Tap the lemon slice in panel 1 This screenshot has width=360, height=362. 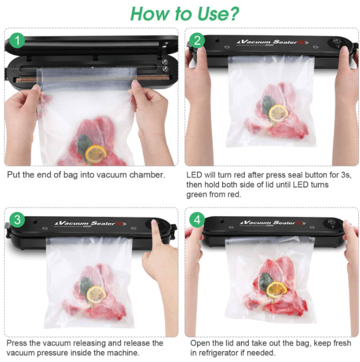(96, 152)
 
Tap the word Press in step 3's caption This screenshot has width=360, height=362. (18, 342)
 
